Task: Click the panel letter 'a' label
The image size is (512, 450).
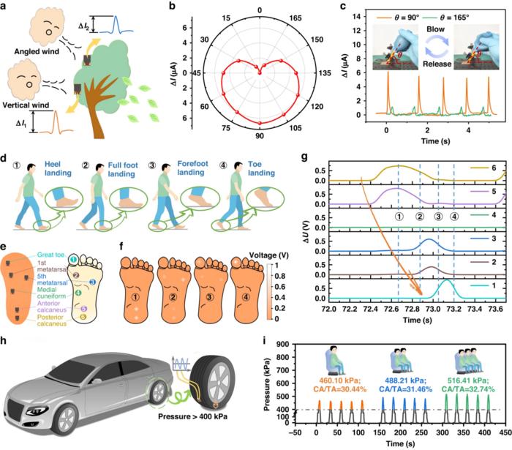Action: click(5, 6)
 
